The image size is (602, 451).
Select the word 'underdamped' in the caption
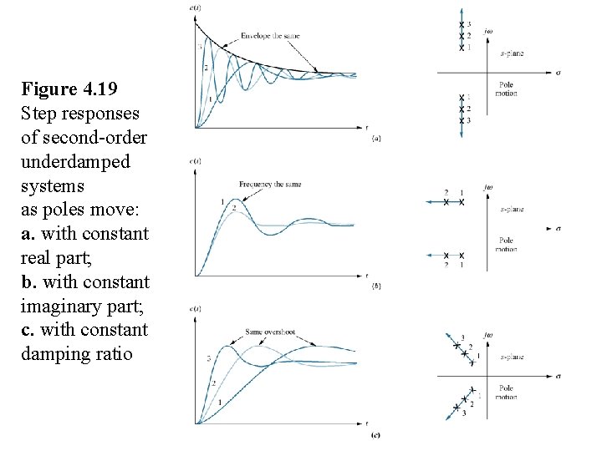click(x=75, y=161)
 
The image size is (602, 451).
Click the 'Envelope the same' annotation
click(x=270, y=36)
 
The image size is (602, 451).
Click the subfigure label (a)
click(x=376, y=139)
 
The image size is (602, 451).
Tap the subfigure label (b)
click(x=376, y=286)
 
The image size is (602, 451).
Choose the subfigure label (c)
click(x=376, y=435)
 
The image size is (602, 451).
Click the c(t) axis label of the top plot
click(x=195, y=8)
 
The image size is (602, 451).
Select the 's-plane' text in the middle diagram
click(x=512, y=209)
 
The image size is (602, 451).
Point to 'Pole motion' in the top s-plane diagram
click(x=507, y=89)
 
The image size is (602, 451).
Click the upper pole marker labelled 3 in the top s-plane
click(x=461, y=24)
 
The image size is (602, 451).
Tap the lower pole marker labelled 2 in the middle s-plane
click(x=446, y=256)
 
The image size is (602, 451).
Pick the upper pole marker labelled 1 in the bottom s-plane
click(x=472, y=360)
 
